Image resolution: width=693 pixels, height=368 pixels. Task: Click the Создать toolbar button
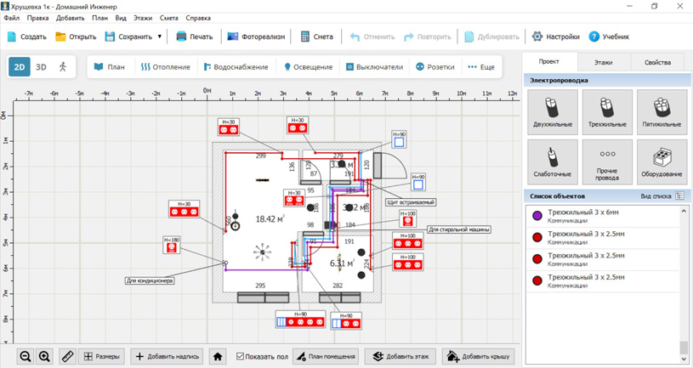pyautogui.click(x=26, y=37)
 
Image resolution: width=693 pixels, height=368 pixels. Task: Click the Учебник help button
pyautogui.click(x=609, y=37)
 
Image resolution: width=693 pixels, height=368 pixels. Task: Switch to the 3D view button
pyautogui.click(x=41, y=67)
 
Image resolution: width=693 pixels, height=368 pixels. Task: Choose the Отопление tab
pyautogui.click(x=165, y=67)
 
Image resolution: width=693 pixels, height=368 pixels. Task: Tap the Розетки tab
pyautogui.click(x=435, y=67)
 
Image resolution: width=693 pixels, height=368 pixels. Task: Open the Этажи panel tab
pyautogui.click(x=603, y=62)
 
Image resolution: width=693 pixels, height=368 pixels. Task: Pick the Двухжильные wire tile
pyautogui.click(x=552, y=111)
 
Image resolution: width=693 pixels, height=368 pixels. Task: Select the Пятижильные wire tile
pyautogui.click(x=662, y=111)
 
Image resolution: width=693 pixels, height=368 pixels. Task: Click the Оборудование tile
pyautogui.click(x=662, y=161)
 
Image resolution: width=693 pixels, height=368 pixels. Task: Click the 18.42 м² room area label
pyautogui.click(x=270, y=219)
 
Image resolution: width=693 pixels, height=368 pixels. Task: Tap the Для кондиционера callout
pyautogui.click(x=149, y=280)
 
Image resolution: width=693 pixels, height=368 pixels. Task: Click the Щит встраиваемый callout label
pyautogui.click(x=411, y=202)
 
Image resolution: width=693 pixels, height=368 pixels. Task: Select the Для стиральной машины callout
pyautogui.click(x=458, y=229)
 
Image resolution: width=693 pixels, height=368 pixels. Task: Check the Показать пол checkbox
pyautogui.click(x=241, y=356)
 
